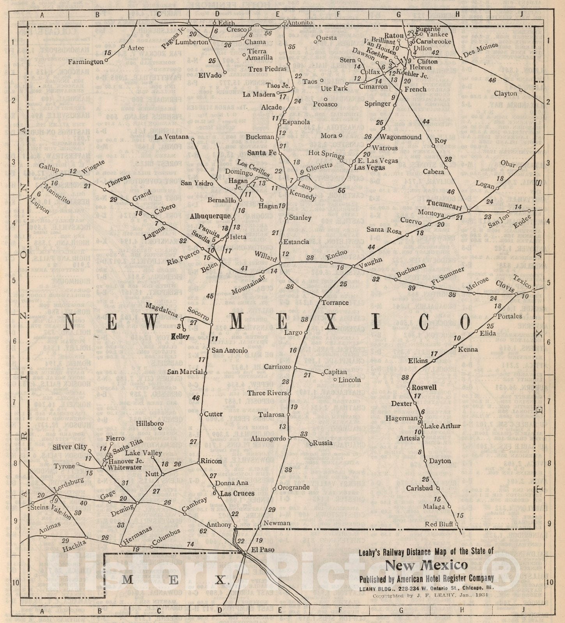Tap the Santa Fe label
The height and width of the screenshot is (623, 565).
pos(262,153)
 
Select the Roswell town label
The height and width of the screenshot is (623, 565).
pos(424,387)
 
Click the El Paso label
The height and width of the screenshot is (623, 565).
pos(262,550)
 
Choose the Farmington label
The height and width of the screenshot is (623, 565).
pos(85,62)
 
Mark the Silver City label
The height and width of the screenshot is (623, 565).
pos(70,447)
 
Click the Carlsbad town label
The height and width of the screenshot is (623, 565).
pos(420,488)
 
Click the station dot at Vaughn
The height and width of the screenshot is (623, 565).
pos(353,267)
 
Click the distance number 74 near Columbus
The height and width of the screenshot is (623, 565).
pos(190,544)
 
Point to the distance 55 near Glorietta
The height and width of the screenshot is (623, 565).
pos(342,190)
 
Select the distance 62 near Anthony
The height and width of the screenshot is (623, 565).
pos(203,531)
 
